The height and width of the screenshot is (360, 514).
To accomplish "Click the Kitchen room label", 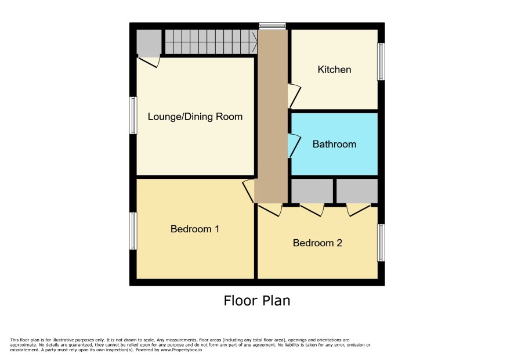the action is [x=334, y=70].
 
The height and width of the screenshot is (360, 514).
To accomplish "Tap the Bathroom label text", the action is [x=334, y=144].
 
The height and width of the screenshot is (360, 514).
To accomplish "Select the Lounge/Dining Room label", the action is [x=195, y=117].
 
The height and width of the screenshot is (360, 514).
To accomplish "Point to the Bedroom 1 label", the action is [x=195, y=229].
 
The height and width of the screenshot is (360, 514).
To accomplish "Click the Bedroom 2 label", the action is [x=317, y=243].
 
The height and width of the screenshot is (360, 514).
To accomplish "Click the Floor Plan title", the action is [x=257, y=301].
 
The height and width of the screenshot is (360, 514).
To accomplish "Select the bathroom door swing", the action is [x=294, y=145].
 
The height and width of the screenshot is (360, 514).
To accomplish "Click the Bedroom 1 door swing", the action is [x=248, y=190].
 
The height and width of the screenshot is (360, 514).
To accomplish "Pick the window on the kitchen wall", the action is [x=381, y=62].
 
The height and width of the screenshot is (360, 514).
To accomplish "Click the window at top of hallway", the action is [x=273, y=26].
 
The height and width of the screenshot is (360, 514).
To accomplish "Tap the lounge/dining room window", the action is [x=133, y=115].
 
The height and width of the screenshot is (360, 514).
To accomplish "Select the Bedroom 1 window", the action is [x=133, y=231].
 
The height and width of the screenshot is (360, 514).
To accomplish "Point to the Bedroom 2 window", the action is [x=381, y=243].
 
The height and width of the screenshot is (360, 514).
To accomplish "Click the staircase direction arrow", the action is [x=254, y=42].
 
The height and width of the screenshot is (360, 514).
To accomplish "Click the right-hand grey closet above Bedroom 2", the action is [x=357, y=190].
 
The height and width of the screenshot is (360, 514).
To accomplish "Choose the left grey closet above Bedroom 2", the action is [x=312, y=190].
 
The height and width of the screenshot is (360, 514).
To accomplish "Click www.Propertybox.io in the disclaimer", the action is [x=181, y=350].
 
